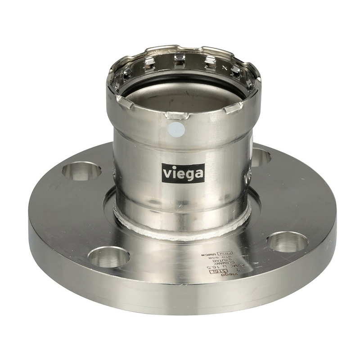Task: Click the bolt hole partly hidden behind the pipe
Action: tap(261, 157)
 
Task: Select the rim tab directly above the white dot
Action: tap(176, 116)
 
